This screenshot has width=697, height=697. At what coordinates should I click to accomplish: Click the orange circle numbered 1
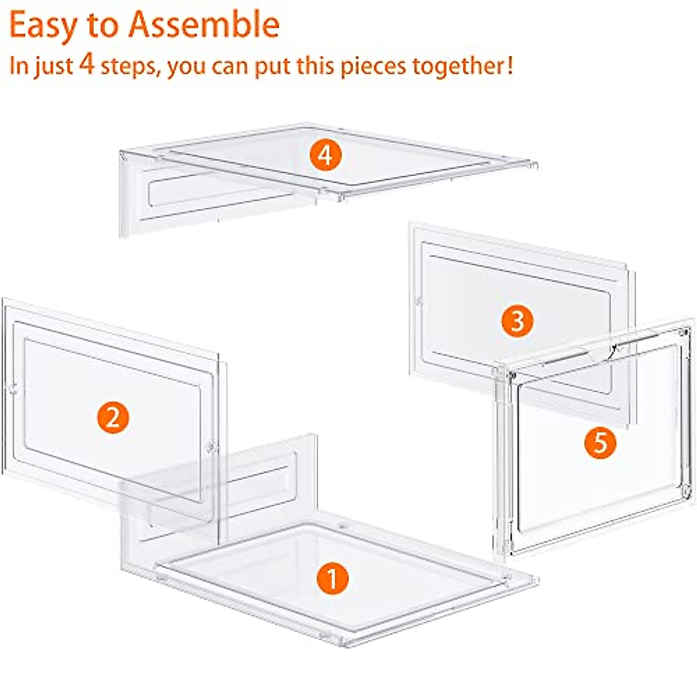332,579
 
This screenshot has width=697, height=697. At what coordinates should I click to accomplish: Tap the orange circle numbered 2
113,417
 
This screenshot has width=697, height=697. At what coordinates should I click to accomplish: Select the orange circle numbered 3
517,321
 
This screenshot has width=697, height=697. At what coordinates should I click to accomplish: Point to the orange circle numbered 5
600,443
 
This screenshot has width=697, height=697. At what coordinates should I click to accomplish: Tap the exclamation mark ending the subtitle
509,65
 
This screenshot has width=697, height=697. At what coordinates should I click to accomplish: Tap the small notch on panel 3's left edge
419,301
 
